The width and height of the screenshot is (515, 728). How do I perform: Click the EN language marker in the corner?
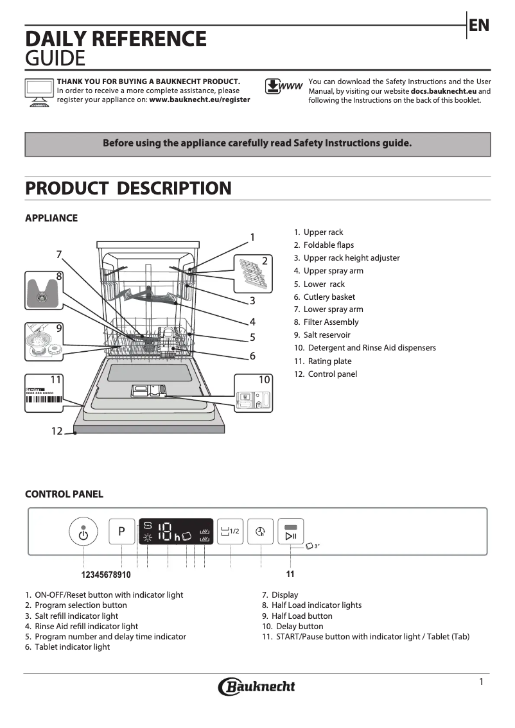click(479, 26)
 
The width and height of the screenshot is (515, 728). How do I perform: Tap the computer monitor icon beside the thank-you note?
click(39, 91)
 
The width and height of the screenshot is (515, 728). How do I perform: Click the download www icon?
click(283, 87)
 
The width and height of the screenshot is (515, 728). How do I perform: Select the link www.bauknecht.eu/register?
click(200, 100)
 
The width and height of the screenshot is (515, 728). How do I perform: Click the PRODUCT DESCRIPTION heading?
click(128, 189)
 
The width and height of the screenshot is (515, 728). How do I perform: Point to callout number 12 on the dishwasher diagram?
click(57, 431)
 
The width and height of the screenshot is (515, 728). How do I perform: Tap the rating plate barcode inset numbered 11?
click(45, 394)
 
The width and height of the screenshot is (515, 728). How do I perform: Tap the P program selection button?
click(121, 532)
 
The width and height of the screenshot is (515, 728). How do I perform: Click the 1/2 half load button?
click(229, 532)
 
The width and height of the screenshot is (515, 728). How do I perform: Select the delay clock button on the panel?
click(260, 532)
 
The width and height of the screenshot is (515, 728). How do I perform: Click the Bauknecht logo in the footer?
click(257, 686)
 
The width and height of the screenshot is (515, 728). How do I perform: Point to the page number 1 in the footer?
click(481, 682)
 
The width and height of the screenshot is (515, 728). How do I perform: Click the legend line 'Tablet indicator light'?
click(72, 647)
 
